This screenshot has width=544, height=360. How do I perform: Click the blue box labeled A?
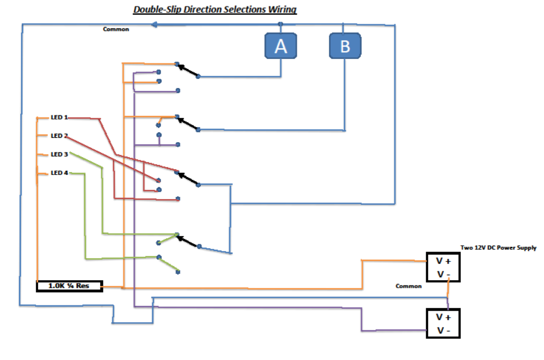click(x=281, y=46)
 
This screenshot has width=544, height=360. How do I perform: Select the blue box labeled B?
click(x=345, y=46)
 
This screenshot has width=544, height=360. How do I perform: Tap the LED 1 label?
click(x=59, y=118)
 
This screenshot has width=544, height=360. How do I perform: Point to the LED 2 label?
click(x=59, y=136)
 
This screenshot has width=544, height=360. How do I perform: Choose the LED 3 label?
click(x=59, y=154)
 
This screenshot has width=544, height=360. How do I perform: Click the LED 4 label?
click(x=59, y=173)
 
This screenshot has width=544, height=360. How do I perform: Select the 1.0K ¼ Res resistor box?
click(x=69, y=286)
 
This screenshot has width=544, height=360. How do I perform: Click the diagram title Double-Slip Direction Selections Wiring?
click(x=215, y=9)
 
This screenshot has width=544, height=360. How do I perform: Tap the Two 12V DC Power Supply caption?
click(x=498, y=248)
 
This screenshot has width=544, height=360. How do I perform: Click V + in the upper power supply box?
click(x=443, y=261)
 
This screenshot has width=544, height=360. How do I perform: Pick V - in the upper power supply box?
click(x=443, y=274)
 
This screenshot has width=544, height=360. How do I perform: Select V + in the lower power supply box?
click(x=443, y=317)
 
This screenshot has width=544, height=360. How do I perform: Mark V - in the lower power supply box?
click(x=443, y=331)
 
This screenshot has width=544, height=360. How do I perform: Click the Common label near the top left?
click(x=116, y=29)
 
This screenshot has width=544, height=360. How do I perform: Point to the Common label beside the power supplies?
click(x=408, y=286)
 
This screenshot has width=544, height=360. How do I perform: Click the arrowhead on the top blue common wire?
click(x=154, y=25)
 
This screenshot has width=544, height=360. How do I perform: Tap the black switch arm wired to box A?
click(x=187, y=70)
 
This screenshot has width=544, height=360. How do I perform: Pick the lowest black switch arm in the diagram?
click(x=188, y=241)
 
